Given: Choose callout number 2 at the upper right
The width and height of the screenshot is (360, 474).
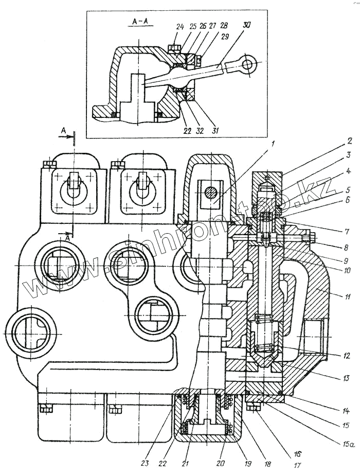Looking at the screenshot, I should click(x=348, y=140).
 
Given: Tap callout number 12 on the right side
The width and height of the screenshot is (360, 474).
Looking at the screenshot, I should click(x=347, y=355).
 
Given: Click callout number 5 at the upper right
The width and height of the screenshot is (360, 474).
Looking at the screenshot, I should click(x=348, y=189).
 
